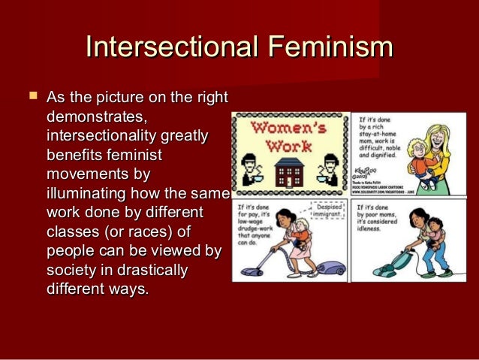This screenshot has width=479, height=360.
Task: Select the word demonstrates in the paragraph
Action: click(95, 118)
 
